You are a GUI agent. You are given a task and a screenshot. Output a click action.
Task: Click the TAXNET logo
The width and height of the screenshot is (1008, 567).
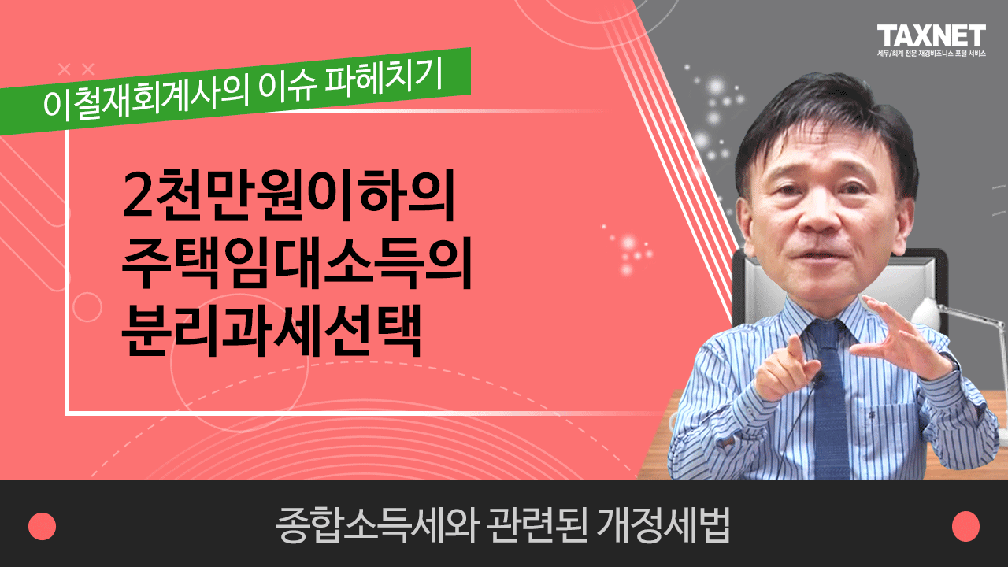[x=931, y=35]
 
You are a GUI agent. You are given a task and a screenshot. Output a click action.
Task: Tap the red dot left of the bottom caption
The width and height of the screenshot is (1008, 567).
[x=43, y=526]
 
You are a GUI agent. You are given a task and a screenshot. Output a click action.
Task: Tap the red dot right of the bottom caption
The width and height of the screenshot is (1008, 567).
[x=965, y=526]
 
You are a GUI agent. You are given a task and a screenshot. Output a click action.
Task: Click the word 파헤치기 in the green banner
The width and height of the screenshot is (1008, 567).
[x=384, y=78]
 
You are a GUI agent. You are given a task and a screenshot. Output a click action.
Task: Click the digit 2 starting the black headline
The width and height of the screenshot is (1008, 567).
[x=137, y=195]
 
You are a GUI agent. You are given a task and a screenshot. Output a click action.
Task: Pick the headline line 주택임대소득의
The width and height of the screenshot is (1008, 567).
[x=297, y=262]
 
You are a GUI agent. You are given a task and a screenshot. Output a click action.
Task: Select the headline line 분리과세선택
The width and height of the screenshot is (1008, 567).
[x=272, y=330]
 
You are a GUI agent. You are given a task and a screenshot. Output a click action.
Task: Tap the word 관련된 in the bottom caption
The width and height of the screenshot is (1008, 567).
[x=537, y=525]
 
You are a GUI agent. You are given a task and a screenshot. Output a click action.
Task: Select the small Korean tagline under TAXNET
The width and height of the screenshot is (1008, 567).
[x=931, y=54]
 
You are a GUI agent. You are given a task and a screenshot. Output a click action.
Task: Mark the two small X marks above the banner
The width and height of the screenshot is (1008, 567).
[x=76, y=69]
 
